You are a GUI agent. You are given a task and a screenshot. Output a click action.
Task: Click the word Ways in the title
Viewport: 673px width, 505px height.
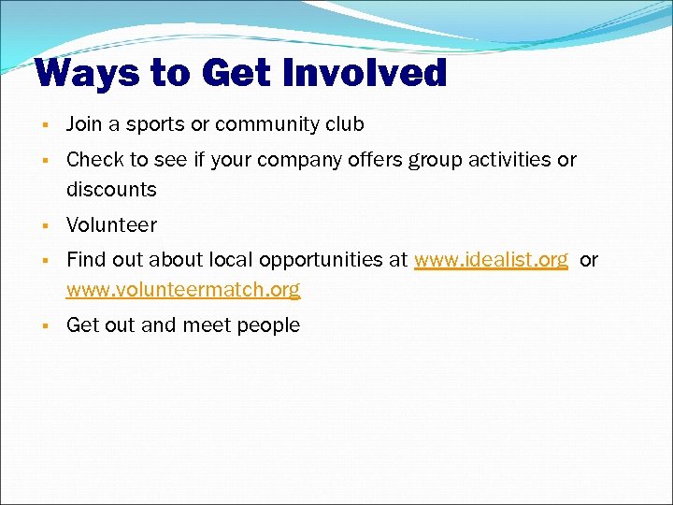click(x=80, y=73)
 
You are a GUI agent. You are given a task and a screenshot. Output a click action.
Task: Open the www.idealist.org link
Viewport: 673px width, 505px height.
click(x=491, y=260)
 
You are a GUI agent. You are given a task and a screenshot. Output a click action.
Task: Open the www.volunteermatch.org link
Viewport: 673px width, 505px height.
click(x=183, y=290)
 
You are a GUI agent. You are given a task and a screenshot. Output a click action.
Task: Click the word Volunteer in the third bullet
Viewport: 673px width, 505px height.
click(x=111, y=225)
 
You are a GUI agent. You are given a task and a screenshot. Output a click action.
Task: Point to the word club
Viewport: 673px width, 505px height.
click(x=343, y=124)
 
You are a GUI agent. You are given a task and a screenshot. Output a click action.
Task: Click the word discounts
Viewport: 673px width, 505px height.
click(x=111, y=190)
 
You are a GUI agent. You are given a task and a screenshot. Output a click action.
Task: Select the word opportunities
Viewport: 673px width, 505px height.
click(x=323, y=261)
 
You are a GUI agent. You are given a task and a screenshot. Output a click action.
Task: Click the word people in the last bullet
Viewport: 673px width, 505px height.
click(x=269, y=325)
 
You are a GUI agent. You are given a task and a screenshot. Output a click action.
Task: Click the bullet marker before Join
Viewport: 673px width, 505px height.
click(x=44, y=125)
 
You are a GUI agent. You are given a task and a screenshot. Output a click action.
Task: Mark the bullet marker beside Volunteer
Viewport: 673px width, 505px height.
click(x=44, y=226)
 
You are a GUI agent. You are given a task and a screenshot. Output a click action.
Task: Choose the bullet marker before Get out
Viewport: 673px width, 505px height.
click(x=44, y=326)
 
